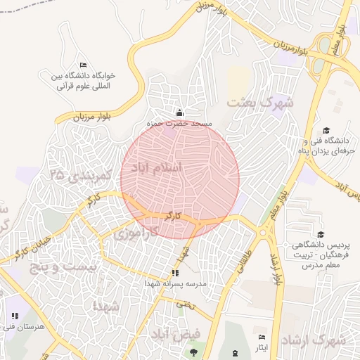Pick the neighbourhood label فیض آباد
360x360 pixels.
[177, 333]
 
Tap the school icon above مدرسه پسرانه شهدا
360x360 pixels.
[175, 273]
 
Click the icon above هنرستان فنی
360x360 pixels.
[15, 316]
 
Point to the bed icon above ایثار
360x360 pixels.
[262, 337]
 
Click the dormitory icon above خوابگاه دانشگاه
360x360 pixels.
[84, 65]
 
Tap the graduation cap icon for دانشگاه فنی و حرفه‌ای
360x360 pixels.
[326, 130]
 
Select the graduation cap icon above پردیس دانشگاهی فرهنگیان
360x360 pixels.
[321, 235]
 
